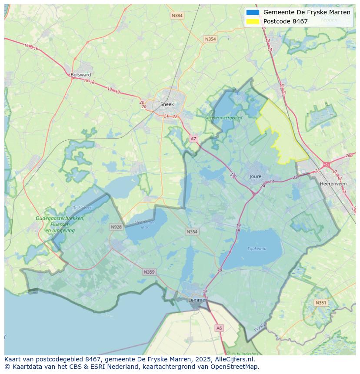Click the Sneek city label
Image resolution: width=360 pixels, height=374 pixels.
point(167,104)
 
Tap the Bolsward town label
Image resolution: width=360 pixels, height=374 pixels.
point(80,75)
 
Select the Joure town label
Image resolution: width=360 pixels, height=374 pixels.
point(256,176)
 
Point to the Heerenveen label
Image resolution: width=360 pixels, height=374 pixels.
point(333,184)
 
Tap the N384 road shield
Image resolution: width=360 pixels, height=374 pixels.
point(177,16)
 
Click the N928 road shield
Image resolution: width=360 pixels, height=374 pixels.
point(116,227)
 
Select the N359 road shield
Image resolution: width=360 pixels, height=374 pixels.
point(149,272)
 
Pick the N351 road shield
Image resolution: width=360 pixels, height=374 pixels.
point(321,303)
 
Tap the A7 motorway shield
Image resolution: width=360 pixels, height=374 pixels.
point(193,139)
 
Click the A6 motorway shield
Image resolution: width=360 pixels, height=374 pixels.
point(219,328)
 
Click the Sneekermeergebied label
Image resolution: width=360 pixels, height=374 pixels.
point(224,117)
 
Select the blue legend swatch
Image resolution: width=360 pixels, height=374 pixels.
point(253,12)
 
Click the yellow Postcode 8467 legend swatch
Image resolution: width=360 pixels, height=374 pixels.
point(253,21)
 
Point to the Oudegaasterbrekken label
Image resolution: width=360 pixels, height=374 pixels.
point(60,218)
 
